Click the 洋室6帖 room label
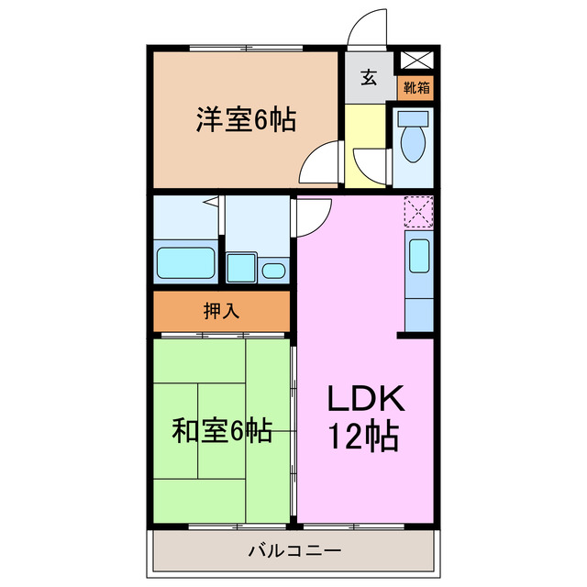(x=245, y=119)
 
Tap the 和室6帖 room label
(x=221, y=430)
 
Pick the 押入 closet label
(x=221, y=311)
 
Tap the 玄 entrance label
(x=368, y=78)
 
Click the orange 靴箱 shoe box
(x=415, y=88)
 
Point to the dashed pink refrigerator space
(x=418, y=211)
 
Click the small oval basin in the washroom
(x=274, y=271)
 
